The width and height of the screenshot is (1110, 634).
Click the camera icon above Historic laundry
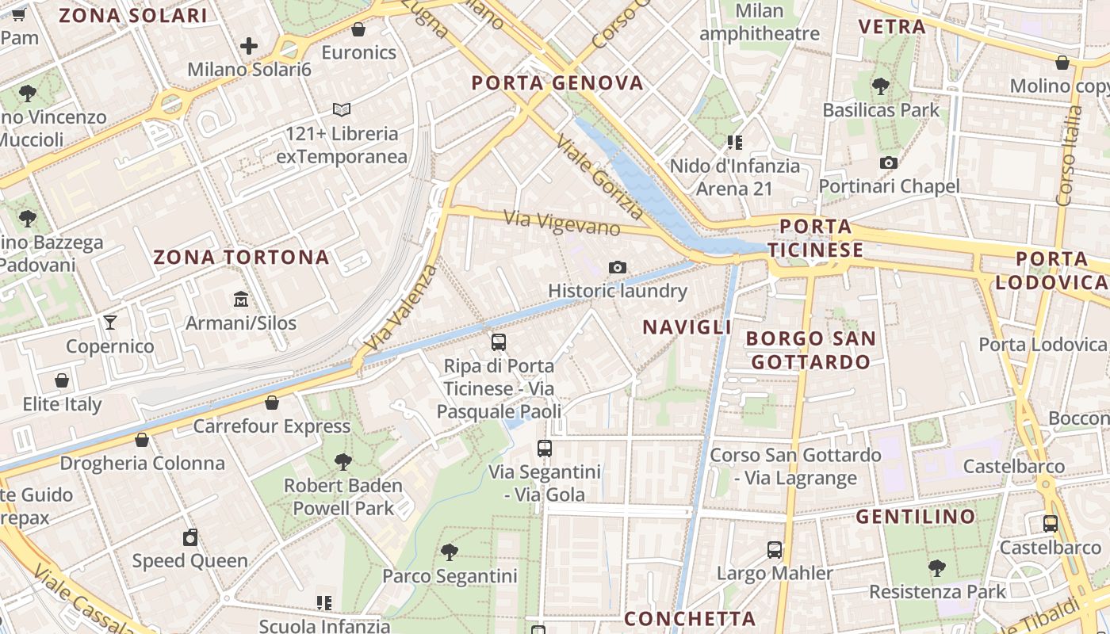point(618,268)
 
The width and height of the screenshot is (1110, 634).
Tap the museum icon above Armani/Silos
point(241,300)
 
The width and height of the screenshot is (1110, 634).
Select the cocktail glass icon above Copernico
point(110,323)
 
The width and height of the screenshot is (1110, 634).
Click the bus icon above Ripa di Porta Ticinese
point(499,342)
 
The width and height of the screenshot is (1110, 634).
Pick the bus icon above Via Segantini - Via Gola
point(545,449)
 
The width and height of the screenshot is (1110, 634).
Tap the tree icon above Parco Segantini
point(450,552)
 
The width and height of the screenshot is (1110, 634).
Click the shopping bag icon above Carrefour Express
point(272,403)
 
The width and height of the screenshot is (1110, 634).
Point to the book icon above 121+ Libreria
point(342,109)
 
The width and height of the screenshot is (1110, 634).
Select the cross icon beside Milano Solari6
point(249,46)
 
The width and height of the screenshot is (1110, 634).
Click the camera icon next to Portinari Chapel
point(889,163)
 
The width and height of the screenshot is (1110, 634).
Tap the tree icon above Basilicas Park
point(880,86)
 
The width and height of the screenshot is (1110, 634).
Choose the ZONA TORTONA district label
point(241,258)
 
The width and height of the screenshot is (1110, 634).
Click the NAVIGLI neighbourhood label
point(687,327)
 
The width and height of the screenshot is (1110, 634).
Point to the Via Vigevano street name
point(562,222)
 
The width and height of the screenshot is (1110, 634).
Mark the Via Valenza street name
point(403,308)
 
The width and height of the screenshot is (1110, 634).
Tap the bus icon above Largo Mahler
point(775,550)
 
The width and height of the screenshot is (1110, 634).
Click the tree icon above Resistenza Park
point(937,568)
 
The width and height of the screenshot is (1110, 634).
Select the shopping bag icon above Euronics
point(358,30)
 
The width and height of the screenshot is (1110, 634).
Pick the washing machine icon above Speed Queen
point(190,538)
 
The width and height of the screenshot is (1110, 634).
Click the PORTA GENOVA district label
point(557,83)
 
